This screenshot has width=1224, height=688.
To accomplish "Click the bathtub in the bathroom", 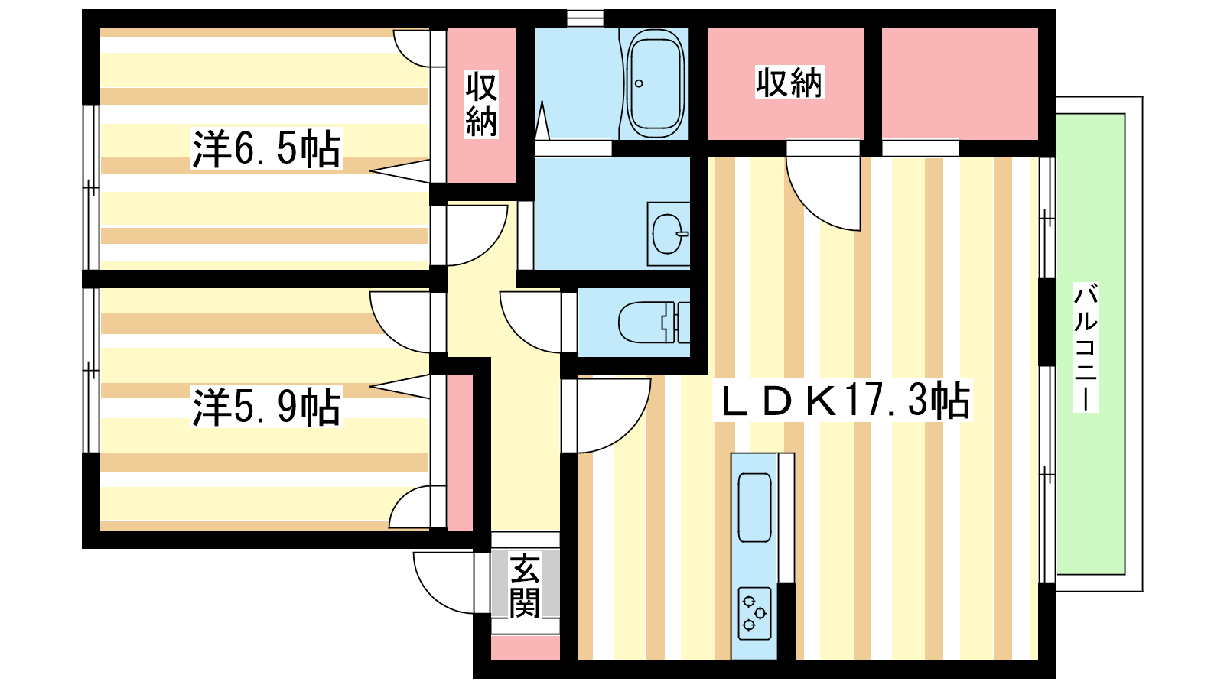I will (x=655, y=83).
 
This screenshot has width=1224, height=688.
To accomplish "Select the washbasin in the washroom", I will (x=667, y=233).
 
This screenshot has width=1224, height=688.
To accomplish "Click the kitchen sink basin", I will (x=754, y=508).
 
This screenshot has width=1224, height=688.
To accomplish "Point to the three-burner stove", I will (x=754, y=613).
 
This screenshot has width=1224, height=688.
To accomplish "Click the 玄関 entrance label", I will (x=525, y=586).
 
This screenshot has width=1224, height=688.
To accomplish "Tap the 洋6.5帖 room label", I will (x=265, y=148).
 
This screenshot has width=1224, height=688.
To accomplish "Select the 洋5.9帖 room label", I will (x=265, y=407).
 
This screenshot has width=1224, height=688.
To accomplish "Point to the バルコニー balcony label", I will (x=1086, y=348).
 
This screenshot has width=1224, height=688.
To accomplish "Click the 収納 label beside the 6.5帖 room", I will (x=482, y=104).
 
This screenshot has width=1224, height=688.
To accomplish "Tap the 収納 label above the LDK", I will (x=789, y=83).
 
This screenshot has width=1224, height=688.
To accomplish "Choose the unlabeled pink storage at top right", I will (x=959, y=83).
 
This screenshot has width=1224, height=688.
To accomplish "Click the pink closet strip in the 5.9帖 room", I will (x=460, y=451).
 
